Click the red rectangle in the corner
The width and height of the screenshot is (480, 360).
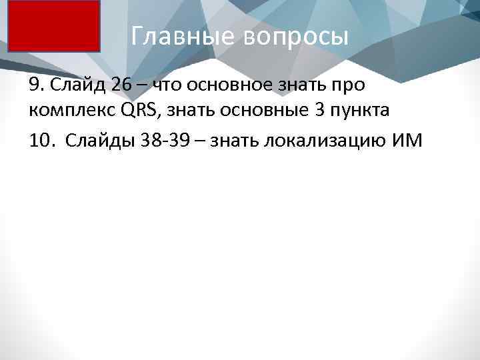tap(54, 26)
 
